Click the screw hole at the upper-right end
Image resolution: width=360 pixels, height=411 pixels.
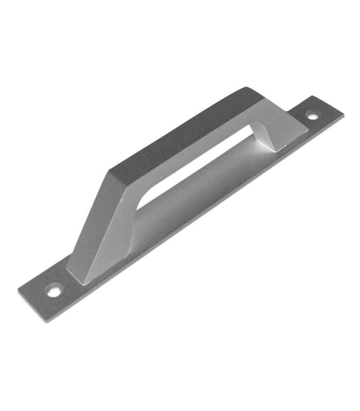[x=312, y=115]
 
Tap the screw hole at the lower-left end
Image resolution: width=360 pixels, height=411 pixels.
[x=53, y=291]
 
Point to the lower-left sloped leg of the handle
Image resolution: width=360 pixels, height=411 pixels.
[x=98, y=226]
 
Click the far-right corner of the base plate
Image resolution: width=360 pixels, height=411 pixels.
[x=344, y=116]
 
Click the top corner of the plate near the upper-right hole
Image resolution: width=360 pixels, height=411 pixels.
[x=313, y=96]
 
